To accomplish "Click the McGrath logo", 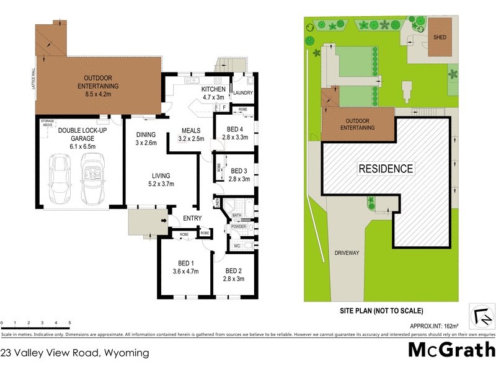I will pyautogui.click(x=451, y=350).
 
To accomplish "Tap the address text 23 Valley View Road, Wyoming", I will pyautogui.click(x=75, y=353).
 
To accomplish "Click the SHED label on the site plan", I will pyautogui.click(x=440, y=37).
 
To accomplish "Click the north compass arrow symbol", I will pyautogui.click(x=480, y=317).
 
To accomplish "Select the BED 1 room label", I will pyautogui.click(x=185, y=266).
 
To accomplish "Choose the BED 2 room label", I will pyautogui.click(x=234, y=275).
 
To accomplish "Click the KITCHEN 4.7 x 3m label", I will pyautogui.click(x=213, y=93).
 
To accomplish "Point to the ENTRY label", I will pyautogui.click(x=192, y=218).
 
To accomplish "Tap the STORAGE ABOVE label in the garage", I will pyautogui.click(x=48, y=122).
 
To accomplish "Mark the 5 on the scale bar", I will pyautogui.click(x=69, y=323).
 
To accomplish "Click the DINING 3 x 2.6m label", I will pyautogui.click(x=146, y=138).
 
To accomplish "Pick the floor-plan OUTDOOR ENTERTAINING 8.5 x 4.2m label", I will pyautogui.click(x=97, y=82).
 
